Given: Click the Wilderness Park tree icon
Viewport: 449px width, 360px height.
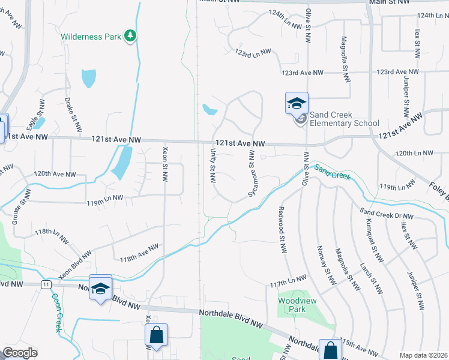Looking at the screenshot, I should [x=130, y=37].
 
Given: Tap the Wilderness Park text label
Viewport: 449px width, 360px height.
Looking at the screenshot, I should [x=91, y=37].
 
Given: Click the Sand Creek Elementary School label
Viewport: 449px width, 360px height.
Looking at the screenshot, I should [x=344, y=119].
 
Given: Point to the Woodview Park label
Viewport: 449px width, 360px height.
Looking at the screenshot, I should [x=292, y=305].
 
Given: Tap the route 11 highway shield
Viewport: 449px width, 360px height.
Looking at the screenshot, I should [x=46, y=283].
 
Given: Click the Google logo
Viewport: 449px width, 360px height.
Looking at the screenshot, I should [x=20, y=353].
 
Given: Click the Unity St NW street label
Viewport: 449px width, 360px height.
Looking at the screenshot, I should [x=212, y=167].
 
